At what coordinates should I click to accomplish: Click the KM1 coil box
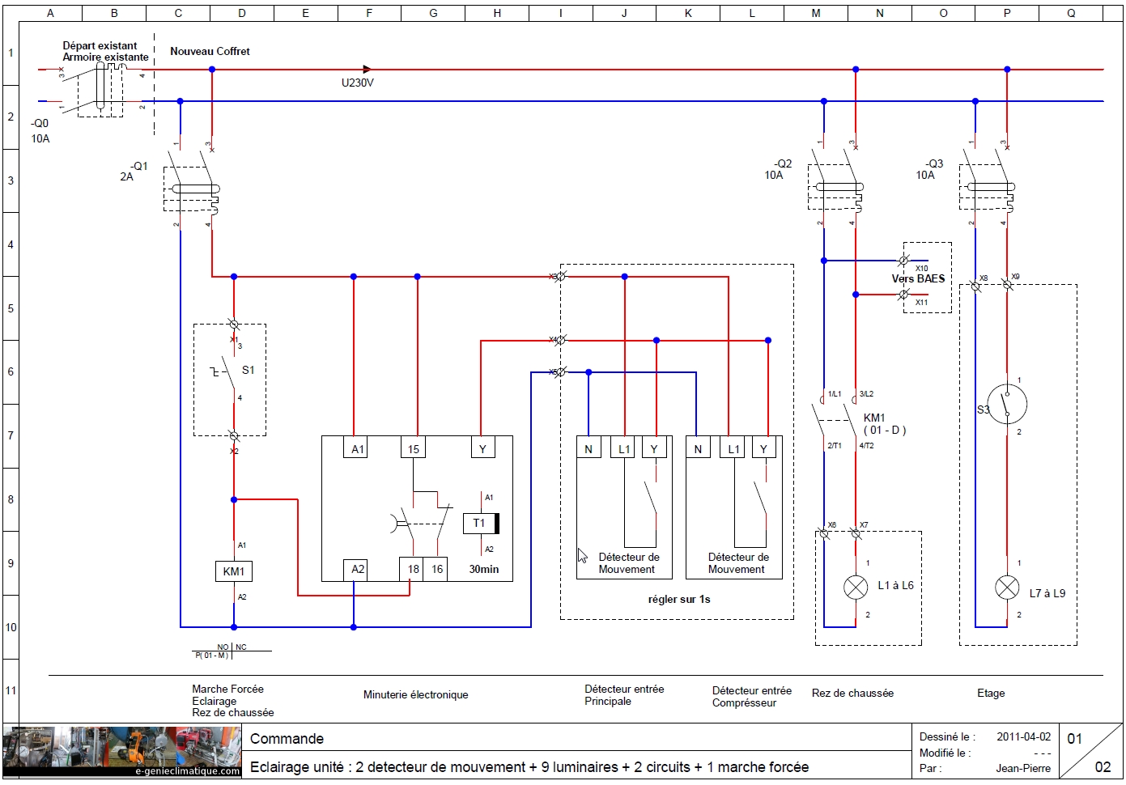(233, 571)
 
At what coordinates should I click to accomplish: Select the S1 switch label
(248, 370)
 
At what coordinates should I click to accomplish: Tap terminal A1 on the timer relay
(357, 449)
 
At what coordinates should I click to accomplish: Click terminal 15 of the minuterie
(414, 449)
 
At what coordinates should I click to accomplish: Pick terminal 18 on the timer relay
(413, 569)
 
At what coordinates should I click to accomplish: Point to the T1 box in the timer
(479, 524)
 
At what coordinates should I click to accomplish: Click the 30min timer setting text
(484, 569)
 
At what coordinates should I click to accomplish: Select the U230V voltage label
(357, 83)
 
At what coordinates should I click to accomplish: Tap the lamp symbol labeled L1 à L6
(856, 588)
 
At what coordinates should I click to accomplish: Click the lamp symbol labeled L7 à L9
(1007, 588)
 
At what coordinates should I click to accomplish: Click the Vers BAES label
(918, 278)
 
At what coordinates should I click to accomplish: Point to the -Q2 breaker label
(782, 163)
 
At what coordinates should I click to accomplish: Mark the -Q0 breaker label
(40, 124)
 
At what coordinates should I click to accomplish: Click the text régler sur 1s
(678, 600)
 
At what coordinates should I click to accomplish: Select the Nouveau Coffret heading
(210, 51)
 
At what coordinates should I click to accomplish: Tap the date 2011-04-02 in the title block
(1023, 736)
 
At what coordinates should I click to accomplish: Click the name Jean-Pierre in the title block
(1023, 768)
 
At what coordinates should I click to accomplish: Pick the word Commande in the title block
(287, 739)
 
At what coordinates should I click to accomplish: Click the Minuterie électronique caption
(415, 695)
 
